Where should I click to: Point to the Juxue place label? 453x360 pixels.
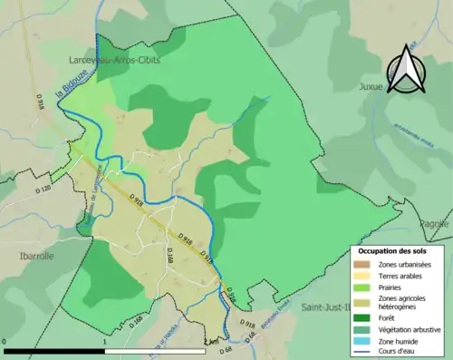click(x=395, y=88)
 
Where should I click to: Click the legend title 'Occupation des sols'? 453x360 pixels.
click(x=393, y=250)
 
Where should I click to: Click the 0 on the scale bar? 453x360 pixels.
click(x=5, y=341)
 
